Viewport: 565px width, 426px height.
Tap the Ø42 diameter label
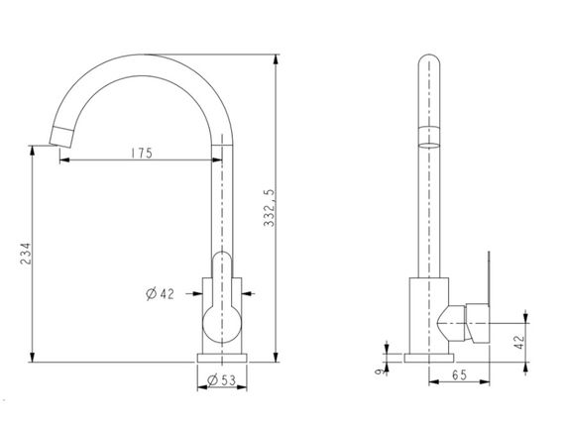click(161, 293)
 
